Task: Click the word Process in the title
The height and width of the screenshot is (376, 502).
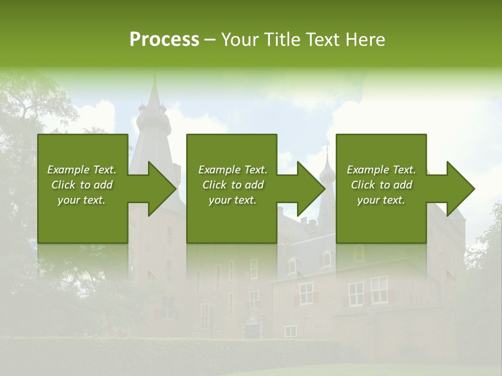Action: tap(164, 40)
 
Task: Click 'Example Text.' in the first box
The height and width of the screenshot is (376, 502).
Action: tap(82, 170)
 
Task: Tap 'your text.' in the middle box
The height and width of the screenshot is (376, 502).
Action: tap(232, 200)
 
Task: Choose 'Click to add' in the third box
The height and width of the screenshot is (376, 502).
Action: tap(381, 185)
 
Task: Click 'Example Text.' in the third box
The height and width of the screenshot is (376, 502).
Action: tap(381, 170)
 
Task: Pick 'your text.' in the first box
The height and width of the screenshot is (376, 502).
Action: tap(82, 200)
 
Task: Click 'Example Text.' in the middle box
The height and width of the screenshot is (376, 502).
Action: tap(232, 170)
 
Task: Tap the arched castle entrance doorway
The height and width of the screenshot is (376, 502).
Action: tap(252, 329)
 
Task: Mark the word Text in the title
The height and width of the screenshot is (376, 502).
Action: tap(324, 40)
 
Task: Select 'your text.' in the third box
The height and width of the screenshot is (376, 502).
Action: tap(381, 200)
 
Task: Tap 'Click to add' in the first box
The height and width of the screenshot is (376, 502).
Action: tap(82, 185)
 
